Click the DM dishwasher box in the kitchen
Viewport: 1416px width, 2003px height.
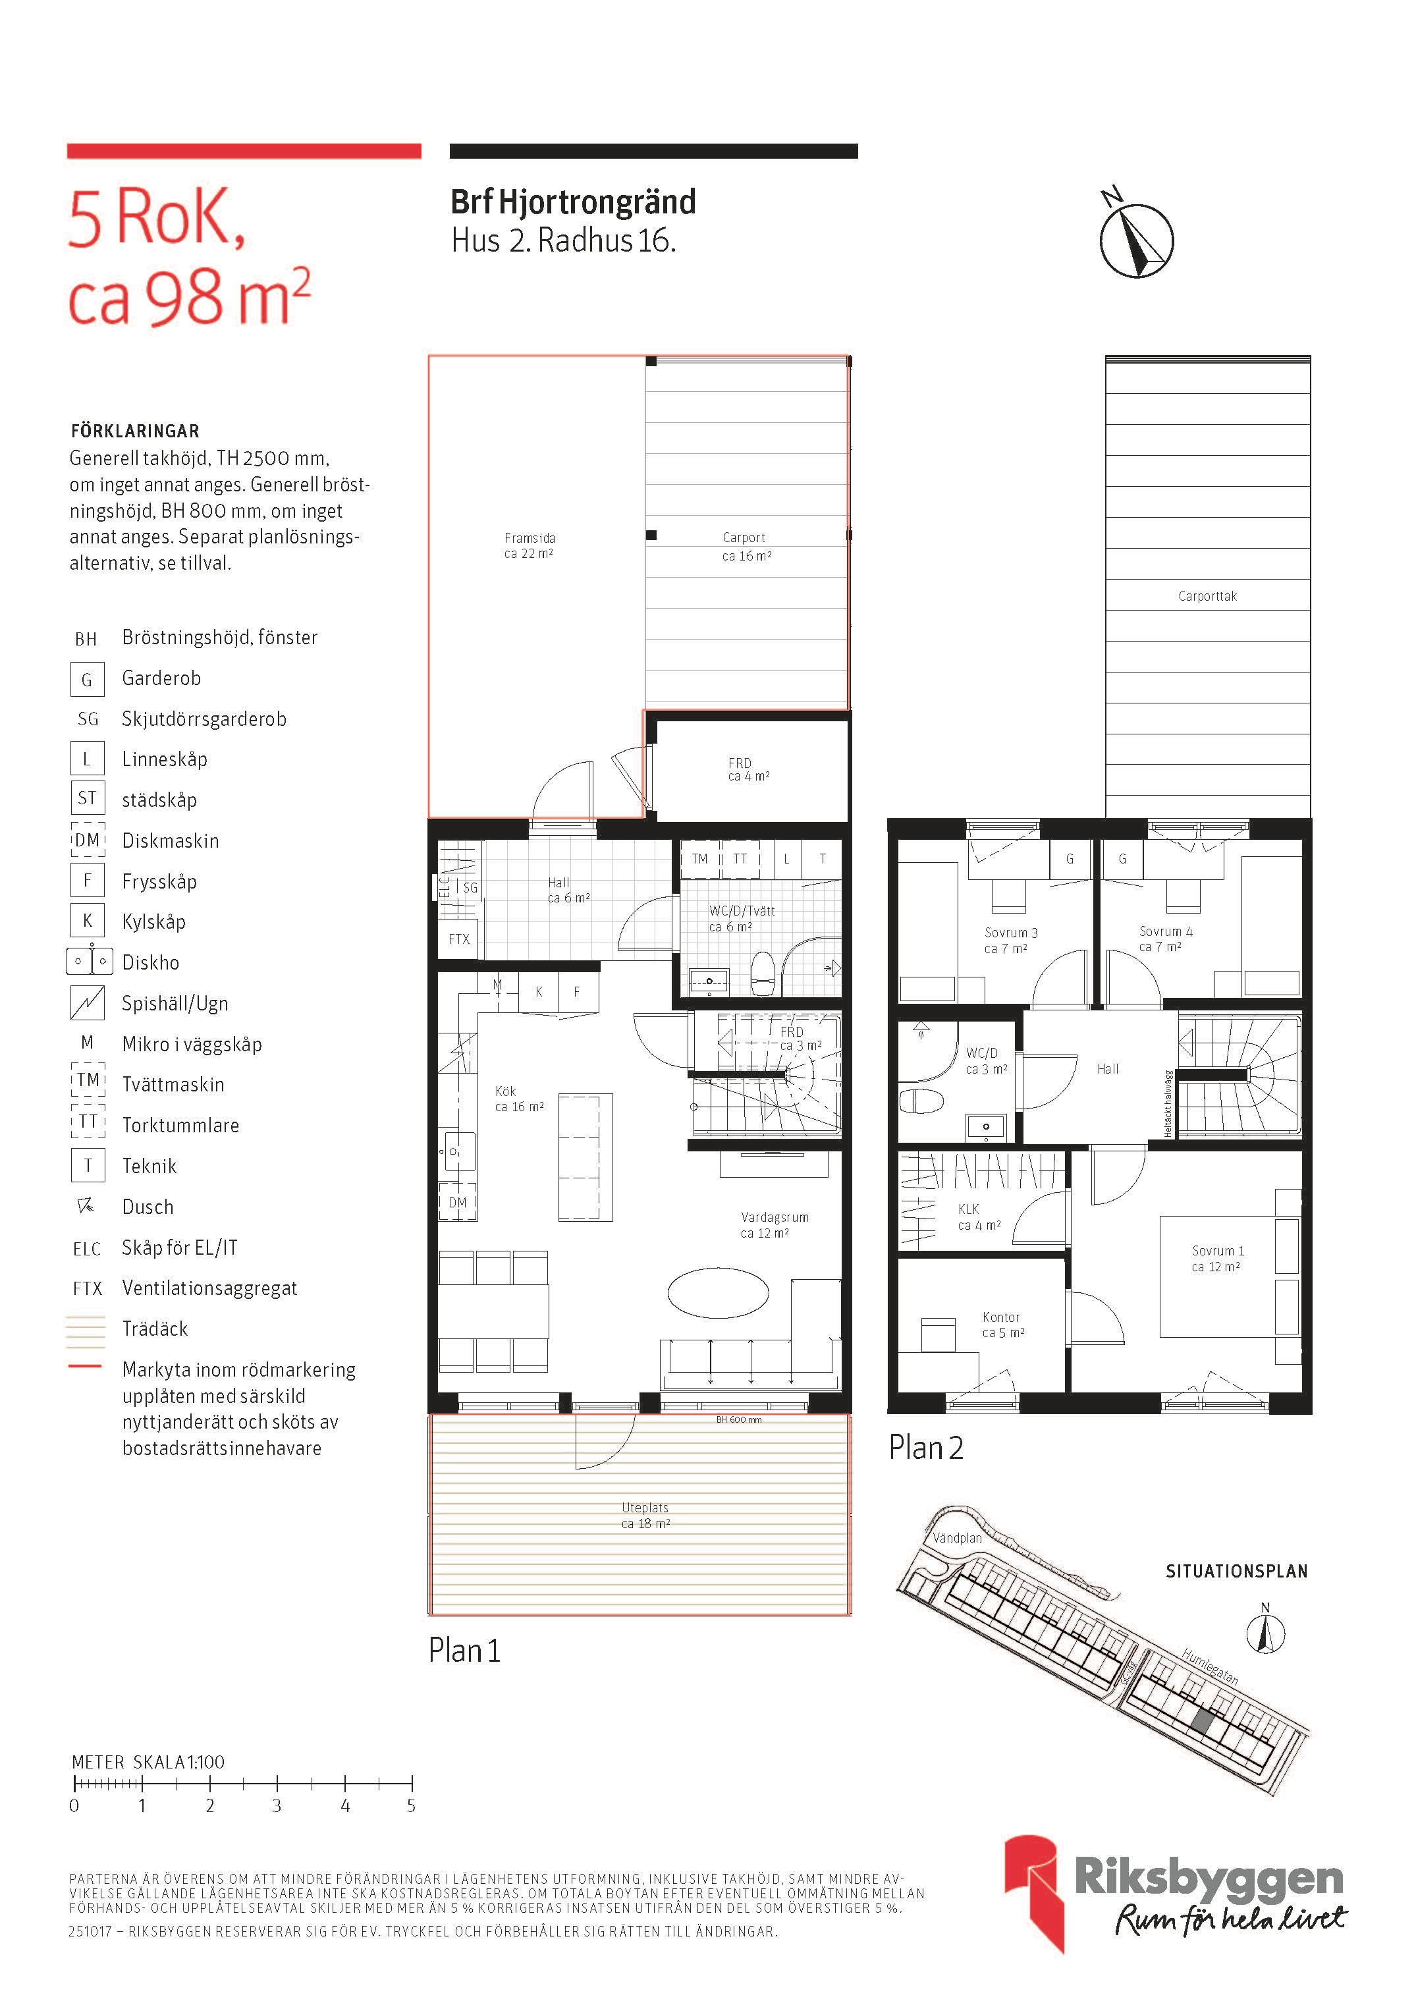(x=457, y=1203)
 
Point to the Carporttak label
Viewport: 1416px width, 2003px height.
(x=1207, y=597)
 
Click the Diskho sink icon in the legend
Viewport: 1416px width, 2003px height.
(x=89, y=962)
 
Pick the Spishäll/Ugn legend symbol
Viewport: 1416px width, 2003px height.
(x=87, y=1002)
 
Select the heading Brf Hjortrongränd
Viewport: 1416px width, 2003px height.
(x=573, y=202)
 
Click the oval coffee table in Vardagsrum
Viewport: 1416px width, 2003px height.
(x=718, y=1291)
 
